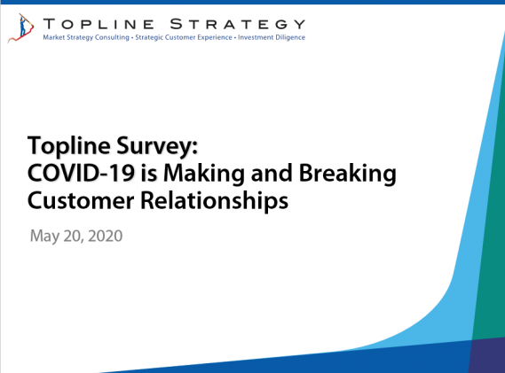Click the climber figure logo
click(20, 28)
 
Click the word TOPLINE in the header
click(99, 25)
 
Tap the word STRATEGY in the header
click(237, 25)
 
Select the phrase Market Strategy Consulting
click(86, 37)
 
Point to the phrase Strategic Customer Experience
click(184, 37)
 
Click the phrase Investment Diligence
click(272, 37)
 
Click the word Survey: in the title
click(157, 146)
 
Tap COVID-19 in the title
click(81, 173)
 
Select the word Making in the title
click(204, 174)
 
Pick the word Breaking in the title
click(348, 174)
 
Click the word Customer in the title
click(81, 200)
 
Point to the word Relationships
click(215, 201)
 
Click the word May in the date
click(44, 237)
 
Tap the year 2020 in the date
click(106, 236)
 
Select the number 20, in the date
click(74, 237)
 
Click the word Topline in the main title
click(69, 146)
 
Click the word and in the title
click(272, 174)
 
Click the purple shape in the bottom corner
click(487, 355)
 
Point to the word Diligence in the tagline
click(288, 37)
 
